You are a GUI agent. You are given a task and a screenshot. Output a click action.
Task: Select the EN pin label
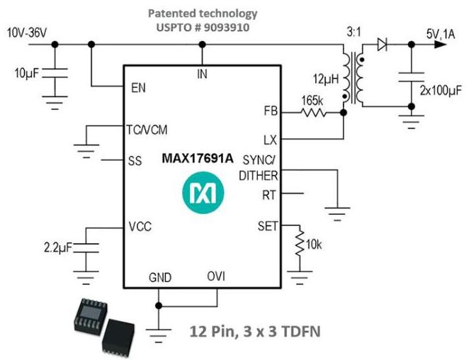coord(139,88)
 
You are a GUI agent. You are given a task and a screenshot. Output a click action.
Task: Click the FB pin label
coord(270,111)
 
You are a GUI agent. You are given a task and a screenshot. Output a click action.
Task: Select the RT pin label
coord(269,193)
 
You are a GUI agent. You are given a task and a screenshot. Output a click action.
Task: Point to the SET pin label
coord(267,226)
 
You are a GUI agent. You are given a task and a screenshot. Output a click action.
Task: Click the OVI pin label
coord(216,276)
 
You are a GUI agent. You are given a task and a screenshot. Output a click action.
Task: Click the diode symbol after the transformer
coord(382,45)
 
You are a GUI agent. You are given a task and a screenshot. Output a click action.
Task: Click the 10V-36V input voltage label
coord(28,32)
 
